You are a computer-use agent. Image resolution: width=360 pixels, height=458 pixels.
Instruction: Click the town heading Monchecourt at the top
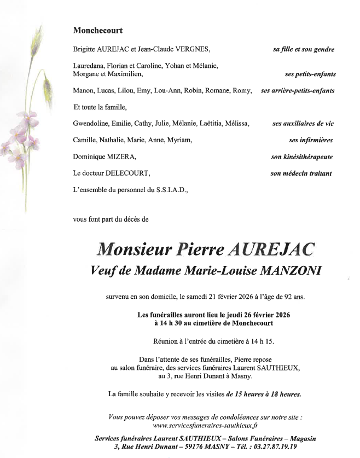[x=98, y=31]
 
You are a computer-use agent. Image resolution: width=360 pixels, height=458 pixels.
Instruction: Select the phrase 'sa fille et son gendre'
[x=303, y=49]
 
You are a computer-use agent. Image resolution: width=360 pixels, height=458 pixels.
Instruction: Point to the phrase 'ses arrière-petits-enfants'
[x=306, y=90]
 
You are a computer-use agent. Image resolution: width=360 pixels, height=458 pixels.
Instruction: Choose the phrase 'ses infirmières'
[x=311, y=140]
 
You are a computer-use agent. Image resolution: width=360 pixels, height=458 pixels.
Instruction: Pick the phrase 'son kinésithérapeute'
[x=301, y=157]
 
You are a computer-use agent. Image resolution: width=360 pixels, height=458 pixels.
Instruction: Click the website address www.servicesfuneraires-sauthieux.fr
[x=206, y=425]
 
